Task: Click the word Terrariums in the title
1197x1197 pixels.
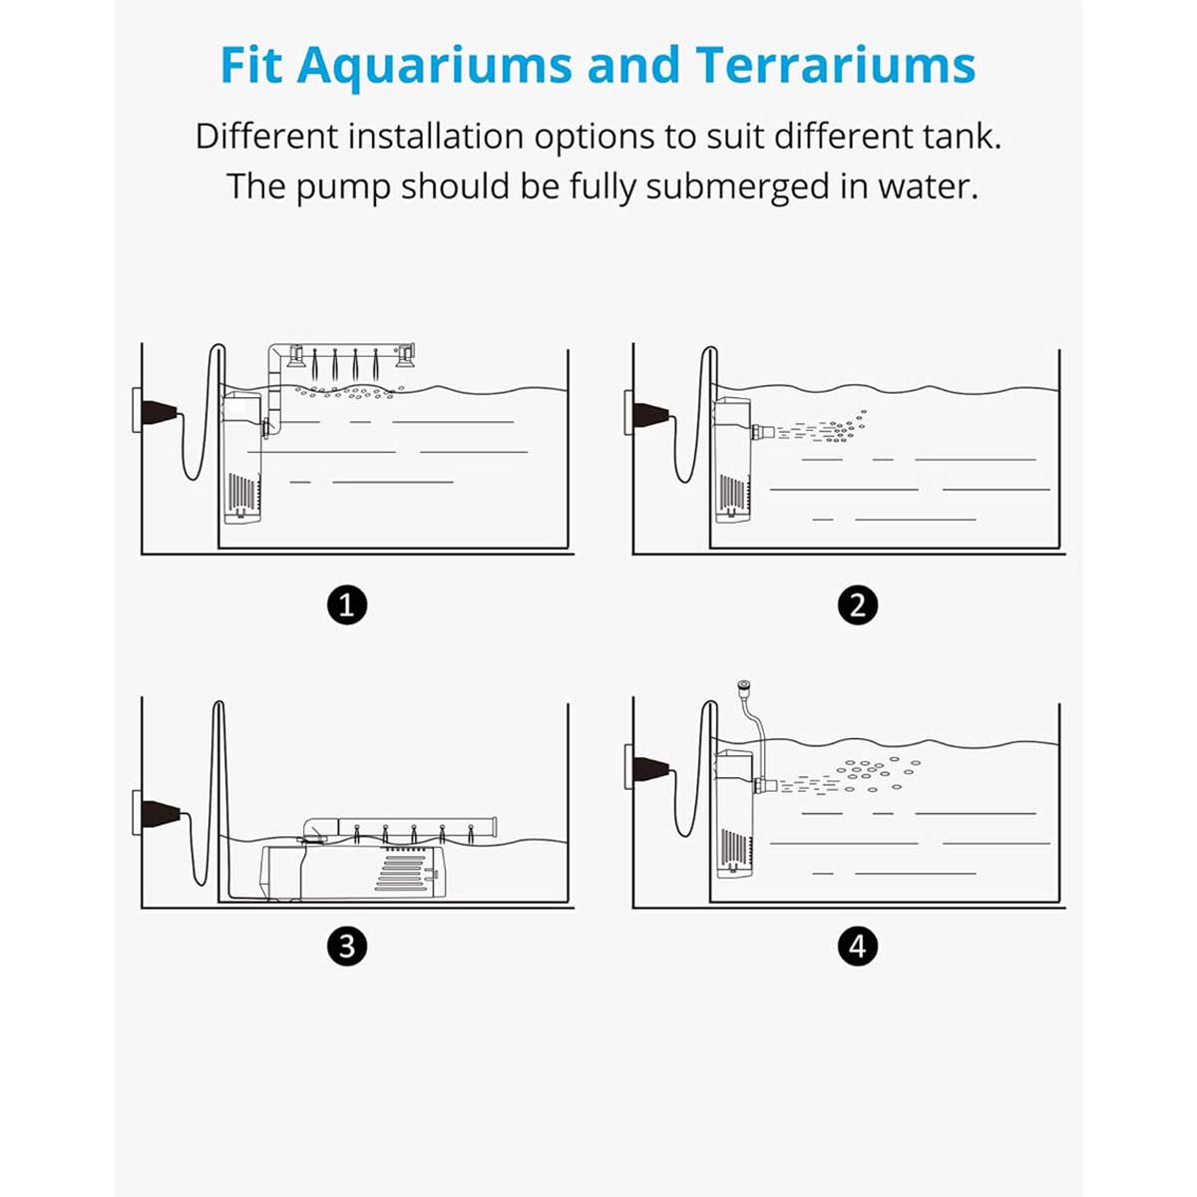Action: tap(836, 65)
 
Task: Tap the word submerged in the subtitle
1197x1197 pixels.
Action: tap(738, 187)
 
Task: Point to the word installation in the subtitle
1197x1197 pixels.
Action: tap(436, 136)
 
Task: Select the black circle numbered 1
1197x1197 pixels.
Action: tap(347, 605)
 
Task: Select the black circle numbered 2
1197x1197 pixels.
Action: tap(858, 605)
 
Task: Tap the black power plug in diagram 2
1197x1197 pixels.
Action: tap(651, 414)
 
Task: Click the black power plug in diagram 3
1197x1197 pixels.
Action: tap(161, 814)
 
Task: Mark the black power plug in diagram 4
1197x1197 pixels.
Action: tap(651, 768)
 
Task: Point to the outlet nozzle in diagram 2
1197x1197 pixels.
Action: tap(762, 431)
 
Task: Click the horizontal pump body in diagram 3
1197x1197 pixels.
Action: tap(353, 872)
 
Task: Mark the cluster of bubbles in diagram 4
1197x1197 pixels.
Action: tap(877, 773)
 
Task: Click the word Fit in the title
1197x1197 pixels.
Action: tap(251, 65)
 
